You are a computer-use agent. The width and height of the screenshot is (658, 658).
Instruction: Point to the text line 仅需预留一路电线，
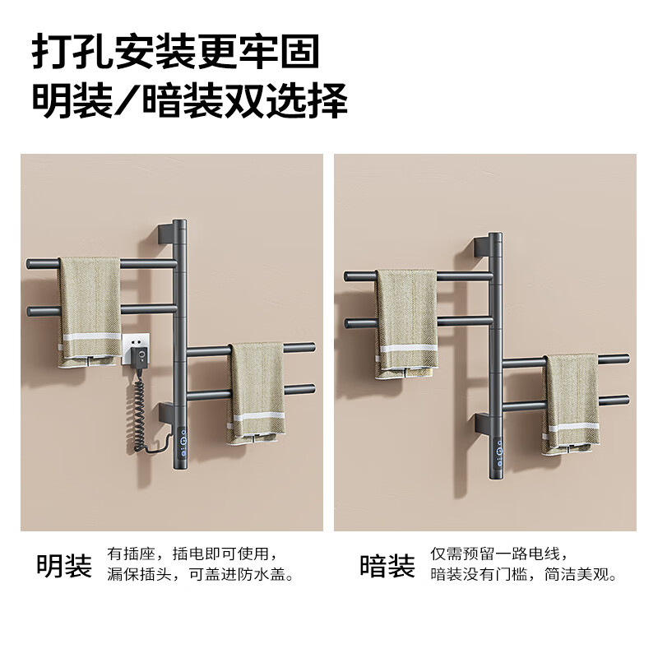point(498,553)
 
